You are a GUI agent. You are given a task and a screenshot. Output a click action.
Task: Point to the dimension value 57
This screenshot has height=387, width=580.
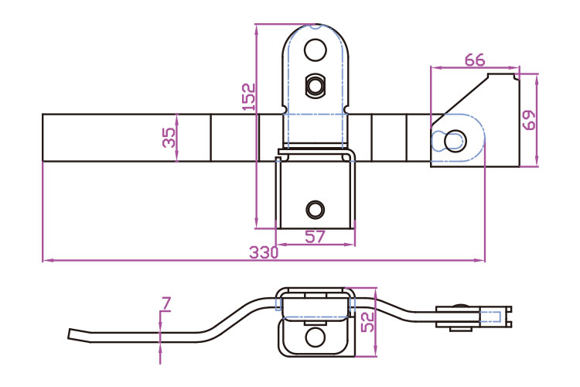(315, 237)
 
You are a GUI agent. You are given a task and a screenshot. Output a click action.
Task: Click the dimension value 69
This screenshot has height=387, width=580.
(529, 120)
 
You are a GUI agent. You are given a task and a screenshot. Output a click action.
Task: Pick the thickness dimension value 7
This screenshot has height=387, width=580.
(166, 303)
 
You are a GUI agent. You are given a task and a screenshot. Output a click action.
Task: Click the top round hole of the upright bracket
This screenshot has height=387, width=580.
(314, 50)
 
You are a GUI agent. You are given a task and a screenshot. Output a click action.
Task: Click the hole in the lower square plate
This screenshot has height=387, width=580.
(314, 208)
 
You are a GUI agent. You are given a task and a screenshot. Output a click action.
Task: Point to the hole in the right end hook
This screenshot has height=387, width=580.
(455, 140)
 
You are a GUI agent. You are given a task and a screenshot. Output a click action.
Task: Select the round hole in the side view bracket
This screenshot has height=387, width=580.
(314, 337)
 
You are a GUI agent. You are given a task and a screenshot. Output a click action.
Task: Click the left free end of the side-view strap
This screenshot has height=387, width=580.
(71, 334)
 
